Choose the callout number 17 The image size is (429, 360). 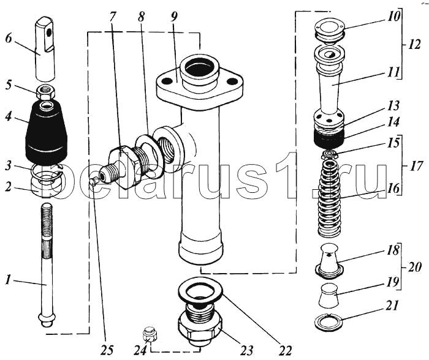tap(416, 165)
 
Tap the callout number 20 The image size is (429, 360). tap(416, 268)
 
